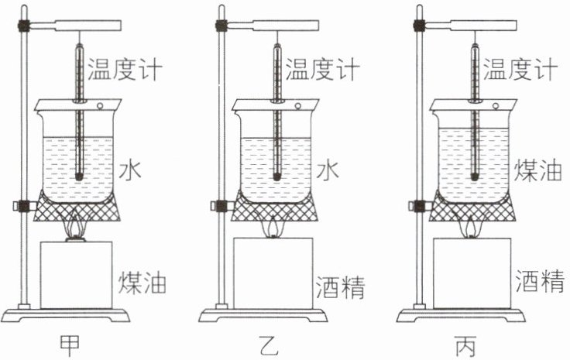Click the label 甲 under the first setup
tap(76, 343)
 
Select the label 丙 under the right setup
tap(472, 343)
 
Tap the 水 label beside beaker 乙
tap(327, 170)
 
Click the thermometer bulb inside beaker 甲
tap(79, 176)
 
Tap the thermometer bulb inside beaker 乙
tap(276, 176)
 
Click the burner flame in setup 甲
tap(76, 228)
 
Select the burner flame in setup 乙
tap(273, 228)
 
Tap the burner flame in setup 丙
tap(472, 228)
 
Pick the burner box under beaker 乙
tap(273, 272)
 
